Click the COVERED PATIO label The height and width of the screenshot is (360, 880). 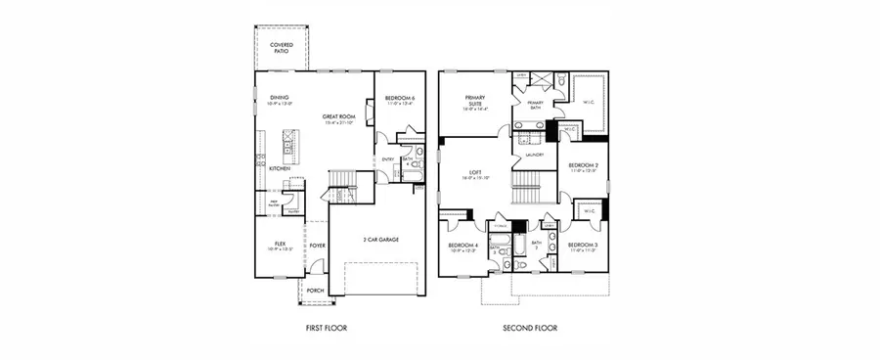point(284,48)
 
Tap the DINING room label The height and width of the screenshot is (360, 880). point(280,99)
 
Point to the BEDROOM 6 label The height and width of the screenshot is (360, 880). point(400,99)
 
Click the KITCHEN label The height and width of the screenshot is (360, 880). point(280,168)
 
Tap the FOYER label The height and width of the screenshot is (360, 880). point(318,246)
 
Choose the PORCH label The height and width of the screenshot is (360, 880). point(315,291)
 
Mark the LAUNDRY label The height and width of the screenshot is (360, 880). point(534,155)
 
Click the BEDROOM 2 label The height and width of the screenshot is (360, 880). point(583,167)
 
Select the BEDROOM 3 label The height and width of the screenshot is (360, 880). point(583,246)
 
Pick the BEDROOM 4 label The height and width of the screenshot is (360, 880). point(462,246)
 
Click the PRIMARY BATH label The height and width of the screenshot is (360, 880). point(536,104)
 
